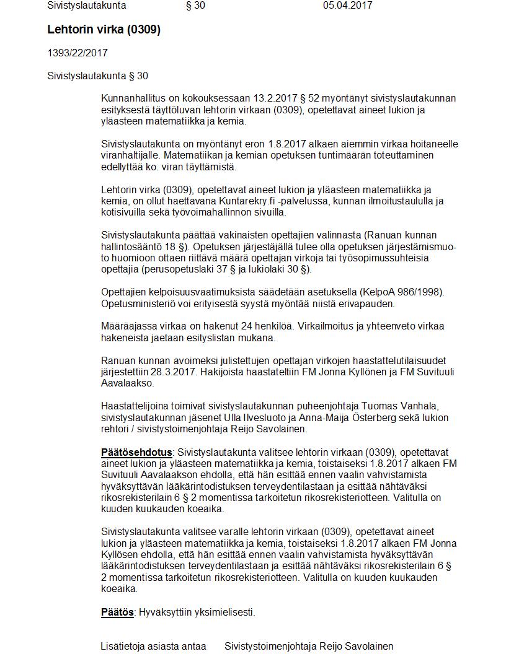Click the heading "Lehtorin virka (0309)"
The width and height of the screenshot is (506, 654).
[104, 30]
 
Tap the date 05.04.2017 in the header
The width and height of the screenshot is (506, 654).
[347, 6]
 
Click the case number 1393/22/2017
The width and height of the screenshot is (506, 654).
[78, 53]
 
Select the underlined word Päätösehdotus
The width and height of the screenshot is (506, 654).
[136, 452]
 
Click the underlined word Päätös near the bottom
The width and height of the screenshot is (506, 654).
[117, 613]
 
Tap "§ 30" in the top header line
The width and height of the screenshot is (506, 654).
[195, 6]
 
